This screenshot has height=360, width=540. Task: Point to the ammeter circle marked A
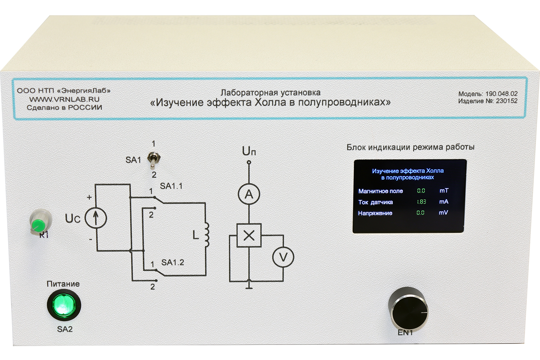click(249, 194)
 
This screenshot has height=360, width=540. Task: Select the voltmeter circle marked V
click(283, 257)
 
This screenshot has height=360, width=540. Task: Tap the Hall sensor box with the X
click(249, 235)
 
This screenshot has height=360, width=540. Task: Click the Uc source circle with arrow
click(96, 218)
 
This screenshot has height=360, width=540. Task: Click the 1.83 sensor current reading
click(422, 202)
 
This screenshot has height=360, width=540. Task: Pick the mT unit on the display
click(444, 190)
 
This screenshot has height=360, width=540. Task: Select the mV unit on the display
click(443, 212)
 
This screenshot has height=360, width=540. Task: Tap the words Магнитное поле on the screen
click(380, 191)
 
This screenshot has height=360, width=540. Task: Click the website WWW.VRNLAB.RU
click(64, 99)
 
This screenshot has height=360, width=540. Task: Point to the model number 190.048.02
click(502, 94)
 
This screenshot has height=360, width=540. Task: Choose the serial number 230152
click(507, 101)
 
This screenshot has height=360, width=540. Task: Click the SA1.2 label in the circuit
click(172, 262)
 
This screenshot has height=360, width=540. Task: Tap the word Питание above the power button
click(63, 284)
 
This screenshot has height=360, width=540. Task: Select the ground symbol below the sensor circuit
click(249, 285)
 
